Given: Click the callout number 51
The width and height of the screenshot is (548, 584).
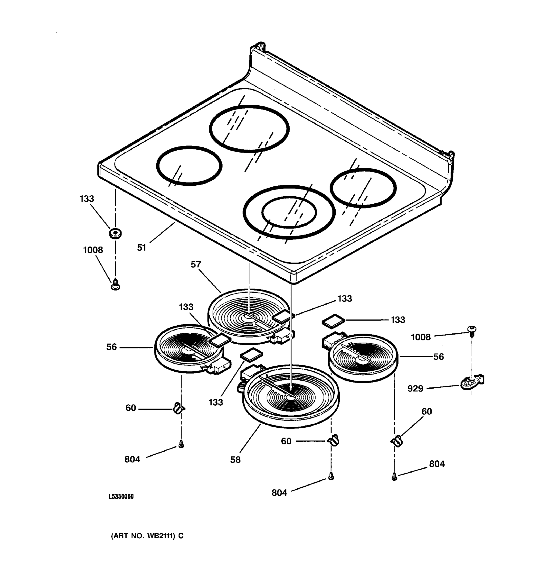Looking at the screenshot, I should click(142, 248).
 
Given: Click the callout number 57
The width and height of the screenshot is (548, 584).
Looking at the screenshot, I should click(196, 265).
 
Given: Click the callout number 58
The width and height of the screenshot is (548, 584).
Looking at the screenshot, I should click(235, 460).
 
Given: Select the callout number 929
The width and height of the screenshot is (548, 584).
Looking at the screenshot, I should click(415, 389).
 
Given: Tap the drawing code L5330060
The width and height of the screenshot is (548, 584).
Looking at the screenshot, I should click(121, 496).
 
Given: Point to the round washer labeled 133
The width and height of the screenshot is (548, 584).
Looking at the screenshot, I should click(115, 234).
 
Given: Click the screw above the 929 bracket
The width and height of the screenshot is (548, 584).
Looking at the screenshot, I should click(472, 330).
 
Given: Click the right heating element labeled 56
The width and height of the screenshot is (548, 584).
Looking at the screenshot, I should click(363, 358).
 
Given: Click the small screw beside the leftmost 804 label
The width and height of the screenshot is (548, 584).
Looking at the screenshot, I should click(181, 445).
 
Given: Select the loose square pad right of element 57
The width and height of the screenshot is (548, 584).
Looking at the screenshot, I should click(333, 320).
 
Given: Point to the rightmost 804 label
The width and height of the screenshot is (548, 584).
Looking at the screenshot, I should click(437, 464).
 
